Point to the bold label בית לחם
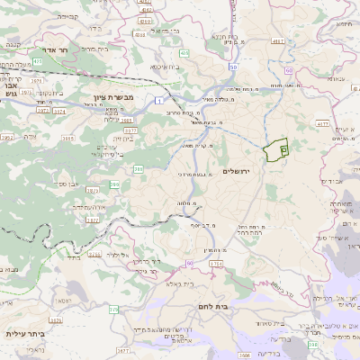[237, 306]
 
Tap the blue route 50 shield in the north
[232, 67]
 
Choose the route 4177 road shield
[323, 124]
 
